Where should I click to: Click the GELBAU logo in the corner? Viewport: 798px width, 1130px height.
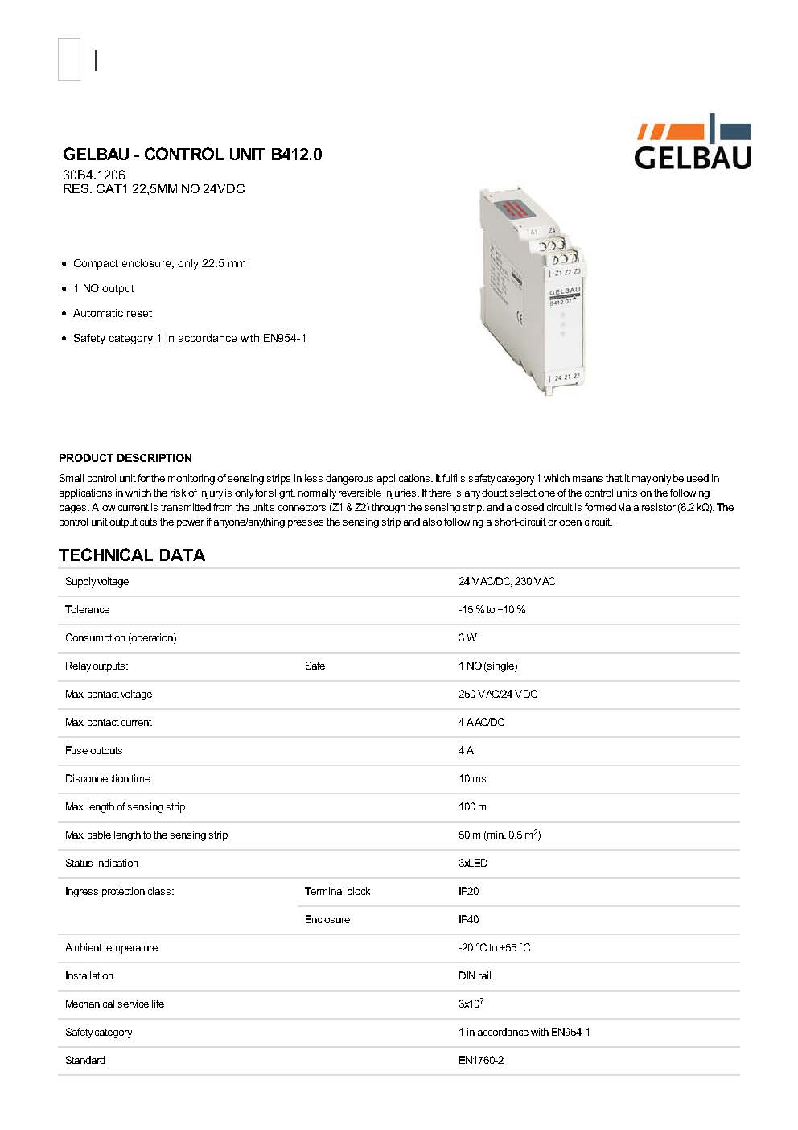click(x=693, y=143)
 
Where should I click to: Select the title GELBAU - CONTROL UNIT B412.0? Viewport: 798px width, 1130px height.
click(x=192, y=155)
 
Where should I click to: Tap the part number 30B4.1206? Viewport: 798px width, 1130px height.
click(x=94, y=175)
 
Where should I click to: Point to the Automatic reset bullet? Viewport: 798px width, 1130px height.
click(x=113, y=313)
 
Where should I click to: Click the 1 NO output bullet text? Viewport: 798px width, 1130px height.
click(x=104, y=288)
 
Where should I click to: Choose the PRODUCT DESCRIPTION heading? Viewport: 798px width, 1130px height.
click(x=125, y=458)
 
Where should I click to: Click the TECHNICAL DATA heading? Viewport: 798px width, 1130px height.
click(x=132, y=555)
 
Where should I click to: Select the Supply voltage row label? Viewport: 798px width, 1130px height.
click(x=97, y=581)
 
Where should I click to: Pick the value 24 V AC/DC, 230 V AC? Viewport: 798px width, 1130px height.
click(x=507, y=581)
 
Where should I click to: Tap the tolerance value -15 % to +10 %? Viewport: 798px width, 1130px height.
click(x=492, y=609)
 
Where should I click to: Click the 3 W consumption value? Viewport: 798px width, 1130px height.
click(x=467, y=637)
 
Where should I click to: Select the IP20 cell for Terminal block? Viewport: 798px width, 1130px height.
click(x=468, y=891)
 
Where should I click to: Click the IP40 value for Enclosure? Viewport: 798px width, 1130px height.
click(x=468, y=919)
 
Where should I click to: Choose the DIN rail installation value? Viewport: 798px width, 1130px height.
click(x=475, y=975)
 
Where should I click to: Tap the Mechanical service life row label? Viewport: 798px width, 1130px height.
click(x=114, y=1004)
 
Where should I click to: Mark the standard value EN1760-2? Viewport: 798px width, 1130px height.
click(x=481, y=1060)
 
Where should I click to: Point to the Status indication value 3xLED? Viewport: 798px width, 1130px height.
click(x=473, y=863)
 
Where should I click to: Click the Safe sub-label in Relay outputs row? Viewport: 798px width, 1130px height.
click(x=315, y=666)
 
